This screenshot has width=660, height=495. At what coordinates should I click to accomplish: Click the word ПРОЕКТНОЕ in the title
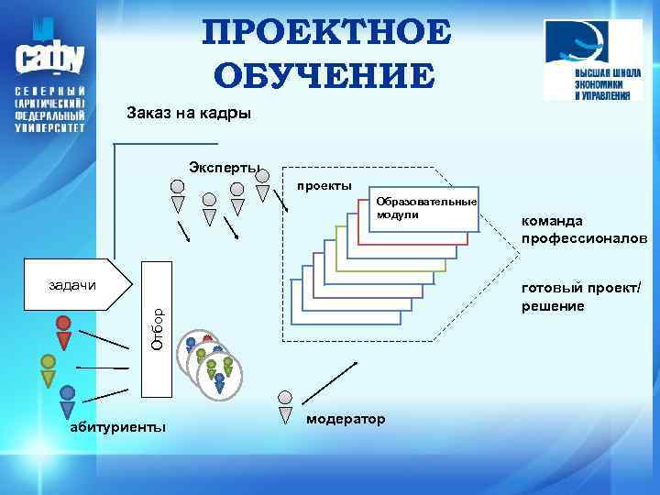tap(328, 34)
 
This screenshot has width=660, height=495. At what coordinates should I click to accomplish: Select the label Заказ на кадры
tap(187, 115)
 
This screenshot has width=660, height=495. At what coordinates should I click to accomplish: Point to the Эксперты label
tap(224, 167)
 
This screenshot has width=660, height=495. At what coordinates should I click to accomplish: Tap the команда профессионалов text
tap(584, 229)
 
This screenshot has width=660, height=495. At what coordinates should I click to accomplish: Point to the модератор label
tap(346, 418)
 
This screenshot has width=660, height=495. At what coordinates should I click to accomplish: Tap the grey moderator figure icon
tap(286, 405)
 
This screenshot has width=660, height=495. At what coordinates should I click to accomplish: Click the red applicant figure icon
tap(63, 331)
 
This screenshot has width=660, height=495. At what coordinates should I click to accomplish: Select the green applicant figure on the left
tap(49, 368)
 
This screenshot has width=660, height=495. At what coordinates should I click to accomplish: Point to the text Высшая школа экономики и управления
tap(602, 83)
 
